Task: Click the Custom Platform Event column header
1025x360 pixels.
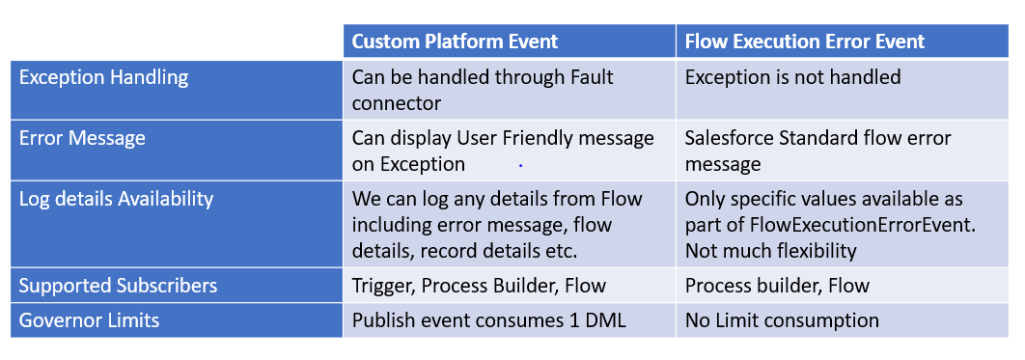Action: point(455,41)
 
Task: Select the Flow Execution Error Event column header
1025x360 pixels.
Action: point(804,41)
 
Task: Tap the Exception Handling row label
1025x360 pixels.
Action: point(103,77)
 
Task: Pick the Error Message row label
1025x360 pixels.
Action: point(82,138)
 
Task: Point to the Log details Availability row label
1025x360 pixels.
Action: point(116,199)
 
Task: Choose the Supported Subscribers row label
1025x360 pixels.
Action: point(118,285)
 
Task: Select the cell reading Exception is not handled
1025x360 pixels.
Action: point(792,77)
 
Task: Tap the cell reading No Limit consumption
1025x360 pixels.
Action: point(782,319)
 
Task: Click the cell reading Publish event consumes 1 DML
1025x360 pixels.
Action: point(488,319)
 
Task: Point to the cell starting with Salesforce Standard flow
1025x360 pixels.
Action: point(817,151)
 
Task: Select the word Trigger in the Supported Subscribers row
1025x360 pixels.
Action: point(381,285)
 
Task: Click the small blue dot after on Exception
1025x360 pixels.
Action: point(520,166)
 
